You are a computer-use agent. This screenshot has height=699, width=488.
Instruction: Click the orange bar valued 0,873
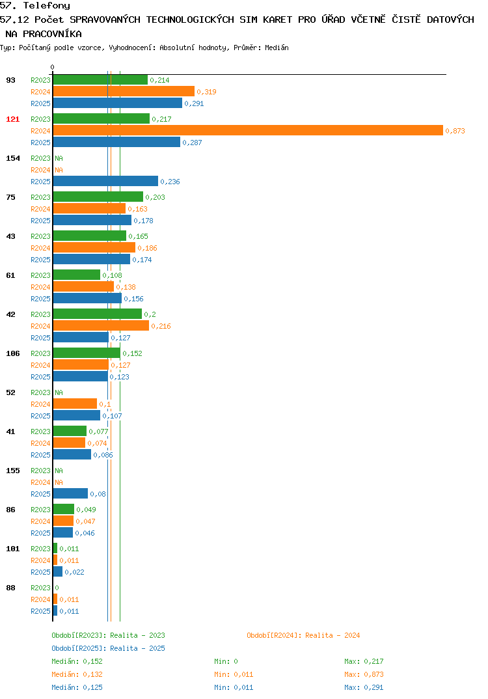[x=249, y=131]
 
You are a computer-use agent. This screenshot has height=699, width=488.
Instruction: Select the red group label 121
[x=13, y=119]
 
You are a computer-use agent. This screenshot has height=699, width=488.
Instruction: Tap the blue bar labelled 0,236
[x=105, y=181]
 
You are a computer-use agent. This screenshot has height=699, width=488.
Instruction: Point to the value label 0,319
[x=207, y=92]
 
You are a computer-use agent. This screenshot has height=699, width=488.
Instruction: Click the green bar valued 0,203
[x=98, y=197]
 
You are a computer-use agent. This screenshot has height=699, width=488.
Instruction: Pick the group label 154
[x=13, y=158]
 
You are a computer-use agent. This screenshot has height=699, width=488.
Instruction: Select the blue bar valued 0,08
[x=70, y=493]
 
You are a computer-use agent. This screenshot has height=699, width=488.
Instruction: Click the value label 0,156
[x=133, y=299]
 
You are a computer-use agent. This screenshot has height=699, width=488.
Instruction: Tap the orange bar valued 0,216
[x=101, y=326]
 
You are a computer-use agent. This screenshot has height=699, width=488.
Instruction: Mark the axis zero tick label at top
[x=52, y=67]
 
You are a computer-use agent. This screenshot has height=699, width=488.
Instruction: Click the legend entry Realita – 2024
[x=303, y=635]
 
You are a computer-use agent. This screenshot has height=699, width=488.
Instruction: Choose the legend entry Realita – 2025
[x=108, y=648]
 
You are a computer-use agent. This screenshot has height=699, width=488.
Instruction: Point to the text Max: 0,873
[x=364, y=674]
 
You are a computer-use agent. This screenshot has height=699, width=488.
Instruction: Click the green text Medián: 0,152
[x=77, y=661]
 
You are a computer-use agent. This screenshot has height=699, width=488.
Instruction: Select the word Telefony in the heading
[x=47, y=6]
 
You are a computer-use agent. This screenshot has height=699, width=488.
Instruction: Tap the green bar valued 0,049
[x=64, y=509]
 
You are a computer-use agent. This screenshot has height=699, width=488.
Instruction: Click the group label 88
[x=10, y=588]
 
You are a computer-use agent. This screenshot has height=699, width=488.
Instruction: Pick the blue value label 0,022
[x=74, y=572]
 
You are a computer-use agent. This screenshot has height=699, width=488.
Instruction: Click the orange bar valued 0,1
[x=75, y=404]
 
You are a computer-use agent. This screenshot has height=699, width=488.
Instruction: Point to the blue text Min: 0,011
[x=234, y=687]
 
